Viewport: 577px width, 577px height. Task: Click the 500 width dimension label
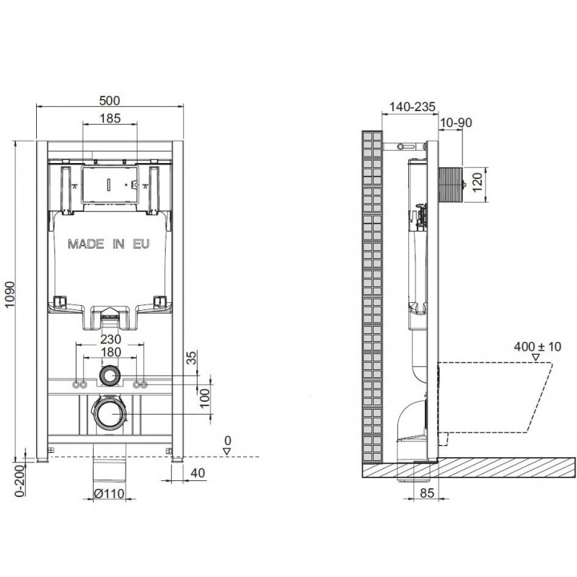pos(110,100)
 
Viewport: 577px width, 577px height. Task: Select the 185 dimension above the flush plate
pos(110,118)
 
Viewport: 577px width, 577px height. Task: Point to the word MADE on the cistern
pos(86,244)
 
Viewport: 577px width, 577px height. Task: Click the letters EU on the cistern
pos(141,244)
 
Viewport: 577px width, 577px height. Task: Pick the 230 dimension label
pos(111,338)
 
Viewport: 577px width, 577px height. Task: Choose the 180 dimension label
pos(111,352)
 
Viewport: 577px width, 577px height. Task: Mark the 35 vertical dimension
pos(192,358)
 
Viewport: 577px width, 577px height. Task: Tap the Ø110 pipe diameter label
pos(110,493)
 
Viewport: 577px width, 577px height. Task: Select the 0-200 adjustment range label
pos(19,480)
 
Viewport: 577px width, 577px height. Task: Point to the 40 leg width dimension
pos(198,473)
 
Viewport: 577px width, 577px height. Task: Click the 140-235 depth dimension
pos(412,107)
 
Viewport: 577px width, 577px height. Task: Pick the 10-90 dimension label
pos(456,122)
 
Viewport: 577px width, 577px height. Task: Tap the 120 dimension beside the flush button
pos(477,182)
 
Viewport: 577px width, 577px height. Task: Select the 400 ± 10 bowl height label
pos(537,346)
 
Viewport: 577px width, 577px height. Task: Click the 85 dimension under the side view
pos(427,493)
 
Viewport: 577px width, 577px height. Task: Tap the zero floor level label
pos(228,440)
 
